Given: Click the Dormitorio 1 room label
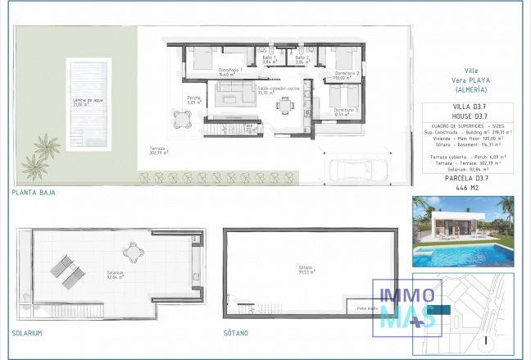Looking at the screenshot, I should pos(230,71).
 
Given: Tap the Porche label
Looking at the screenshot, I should pos(194,100).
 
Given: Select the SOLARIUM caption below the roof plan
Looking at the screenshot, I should pos(27,334).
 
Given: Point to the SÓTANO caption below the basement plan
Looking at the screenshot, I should pos(237,334).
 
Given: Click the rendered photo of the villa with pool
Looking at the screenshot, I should pos(463,231).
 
